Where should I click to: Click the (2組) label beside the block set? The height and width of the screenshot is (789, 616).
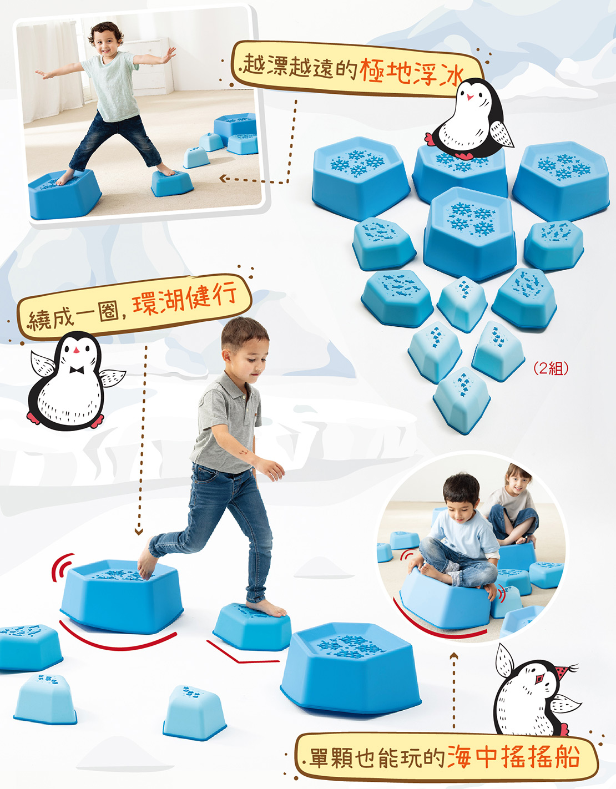click(551, 368)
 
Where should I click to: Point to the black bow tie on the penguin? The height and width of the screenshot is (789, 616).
click(77, 370)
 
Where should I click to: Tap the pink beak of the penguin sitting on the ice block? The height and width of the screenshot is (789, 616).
click(471, 97)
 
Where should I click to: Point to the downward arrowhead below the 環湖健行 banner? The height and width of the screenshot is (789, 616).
click(139, 532)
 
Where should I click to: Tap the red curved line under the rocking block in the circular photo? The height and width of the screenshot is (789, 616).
click(436, 626)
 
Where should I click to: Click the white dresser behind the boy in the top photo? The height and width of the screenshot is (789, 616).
click(149, 65)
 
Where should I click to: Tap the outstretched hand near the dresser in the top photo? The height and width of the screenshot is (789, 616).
click(169, 54)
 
